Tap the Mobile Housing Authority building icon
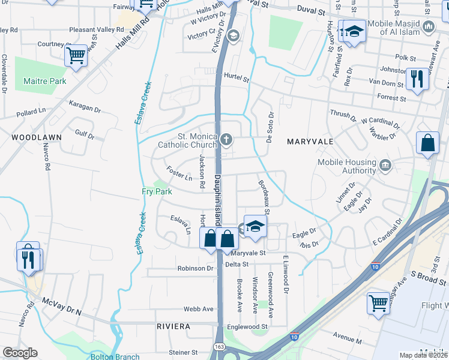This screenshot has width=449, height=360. [x=385, y=165]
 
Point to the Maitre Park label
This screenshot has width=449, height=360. [x=44, y=81]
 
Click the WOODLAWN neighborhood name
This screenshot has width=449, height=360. [x=36, y=137]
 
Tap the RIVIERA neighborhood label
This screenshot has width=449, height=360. [x=173, y=326]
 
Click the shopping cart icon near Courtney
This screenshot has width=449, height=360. [x=76, y=56]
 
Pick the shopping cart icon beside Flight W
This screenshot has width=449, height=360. [x=378, y=302]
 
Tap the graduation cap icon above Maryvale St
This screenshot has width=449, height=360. [x=255, y=226]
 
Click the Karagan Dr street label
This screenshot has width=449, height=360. [x=84, y=108]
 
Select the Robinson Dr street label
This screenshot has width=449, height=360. [x=195, y=268]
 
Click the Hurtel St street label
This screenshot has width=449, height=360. [x=236, y=77]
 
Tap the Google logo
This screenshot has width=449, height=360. [x=20, y=353]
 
